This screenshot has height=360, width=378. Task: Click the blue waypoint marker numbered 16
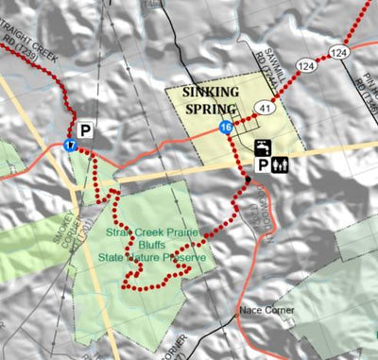225,127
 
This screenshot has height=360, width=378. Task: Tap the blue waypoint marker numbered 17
71,145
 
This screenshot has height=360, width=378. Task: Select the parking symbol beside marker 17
86,130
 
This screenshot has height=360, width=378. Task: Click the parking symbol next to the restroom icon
258,165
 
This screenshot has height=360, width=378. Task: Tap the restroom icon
280,165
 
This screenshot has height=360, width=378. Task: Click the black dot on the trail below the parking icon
249,180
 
